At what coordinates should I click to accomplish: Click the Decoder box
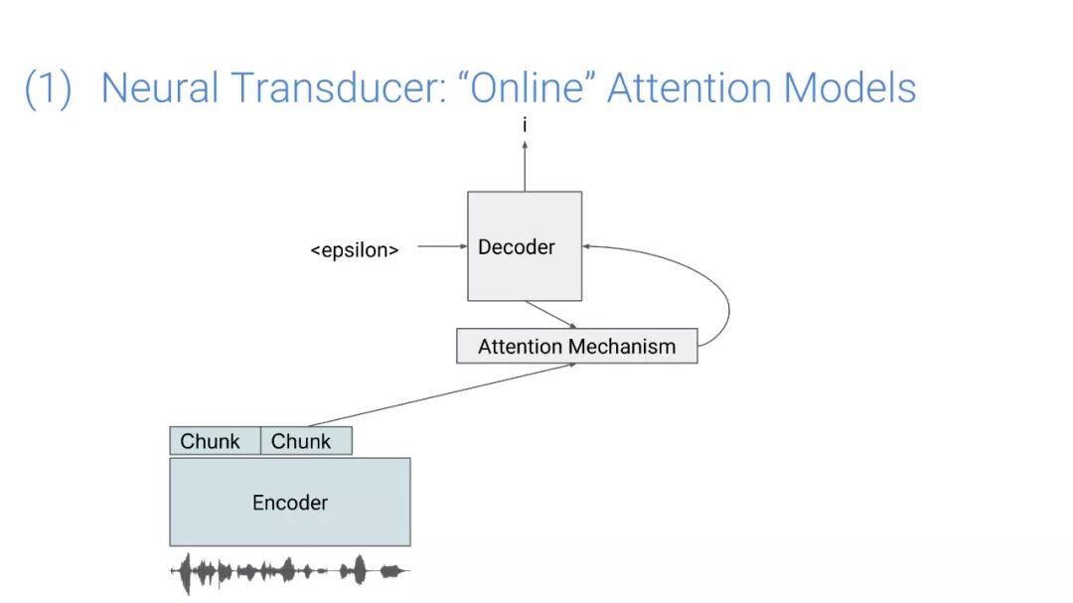[525, 246]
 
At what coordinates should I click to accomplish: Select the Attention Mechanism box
[576, 347]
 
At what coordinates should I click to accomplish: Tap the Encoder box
[290, 502]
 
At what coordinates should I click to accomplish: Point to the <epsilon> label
[355, 250]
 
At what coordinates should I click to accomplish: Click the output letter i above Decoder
[525, 126]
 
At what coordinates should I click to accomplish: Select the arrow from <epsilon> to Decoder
[441, 246]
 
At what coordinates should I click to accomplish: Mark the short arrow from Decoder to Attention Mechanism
[550, 314]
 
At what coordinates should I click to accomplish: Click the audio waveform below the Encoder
[289, 571]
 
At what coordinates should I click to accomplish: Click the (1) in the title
[48, 88]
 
